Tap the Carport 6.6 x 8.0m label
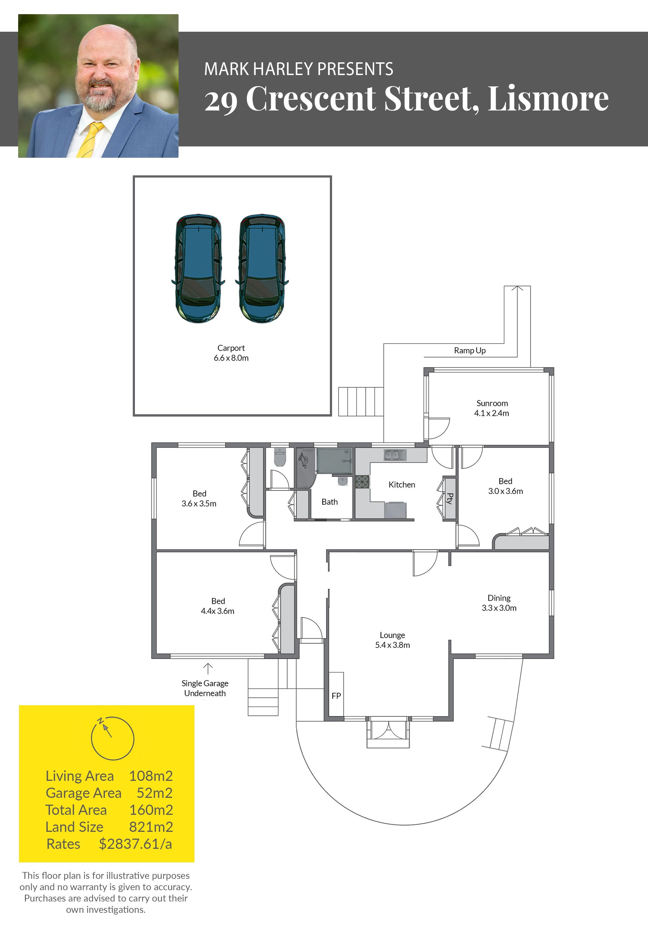click(231, 353)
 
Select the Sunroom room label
click(492, 403)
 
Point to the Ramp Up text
click(470, 351)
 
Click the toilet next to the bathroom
click(279, 458)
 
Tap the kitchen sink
click(395, 455)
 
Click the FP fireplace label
click(336, 696)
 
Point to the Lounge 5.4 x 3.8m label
click(392, 640)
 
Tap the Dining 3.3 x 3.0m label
click(499, 603)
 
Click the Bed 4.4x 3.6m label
click(218, 606)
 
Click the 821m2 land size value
click(151, 827)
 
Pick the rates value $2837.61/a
click(135, 844)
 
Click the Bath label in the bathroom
click(329, 502)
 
